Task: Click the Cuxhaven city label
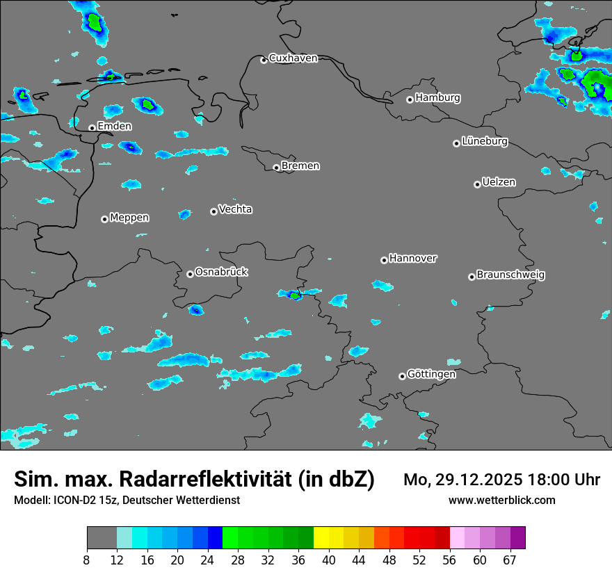pyautogui.click(x=293, y=58)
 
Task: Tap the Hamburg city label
pyautogui.click(x=437, y=98)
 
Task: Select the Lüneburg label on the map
pyautogui.click(x=484, y=142)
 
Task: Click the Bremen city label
pyautogui.click(x=300, y=166)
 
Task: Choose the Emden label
pyautogui.click(x=114, y=127)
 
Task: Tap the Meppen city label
pyautogui.click(x=129, y=218)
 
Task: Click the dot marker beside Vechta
pyautogui.click(x=214, y=211)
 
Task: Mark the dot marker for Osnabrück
pyautogui.click(x=190, y=274)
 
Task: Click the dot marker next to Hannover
pyautogui.click(x=384, y=260)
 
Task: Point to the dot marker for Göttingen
pyautogui.click(x=402, y=376)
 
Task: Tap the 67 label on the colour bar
pyautogui.click(x=510, y=560)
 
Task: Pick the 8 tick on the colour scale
pyautogui.click(x=87, y=560)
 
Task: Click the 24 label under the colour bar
pyautogui.click(x=207, y=560)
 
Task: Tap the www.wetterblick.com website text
pyautogui.click(x=501, y=500)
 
